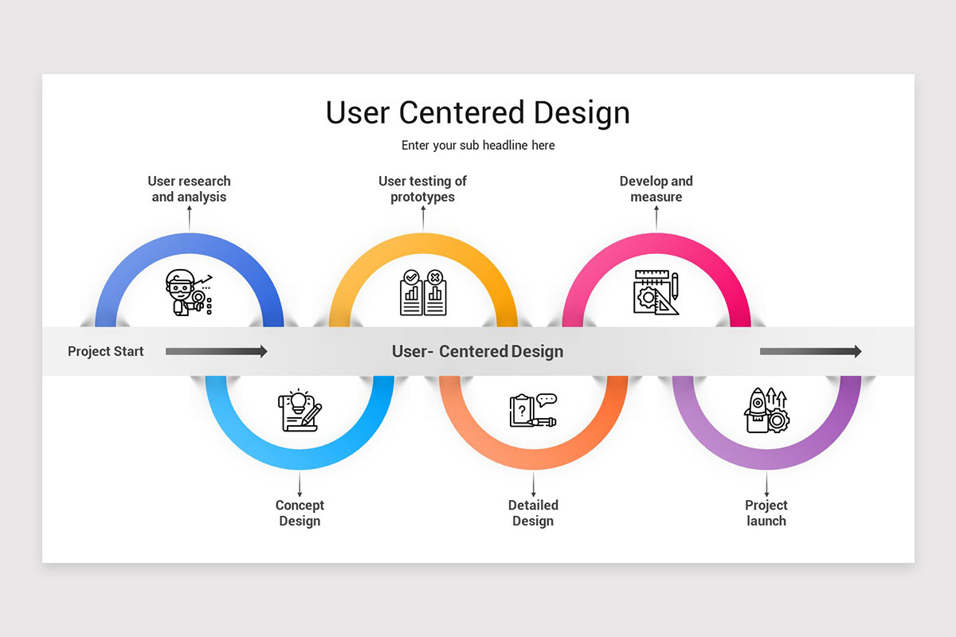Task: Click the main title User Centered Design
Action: pyautogui.click(x=478, y=112)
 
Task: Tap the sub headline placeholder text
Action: pyautogui.click(x=478, y=146)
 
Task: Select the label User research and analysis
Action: pyautogui.click(x=189, y=190)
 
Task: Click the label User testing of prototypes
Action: pyautogui.click(x=422, y=190)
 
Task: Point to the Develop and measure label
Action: pyautogui.click(x=656, y=190)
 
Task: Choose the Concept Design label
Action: pyautogui.click(x=300, y=513)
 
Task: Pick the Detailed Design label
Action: pyautogui.click(x=533, y=513)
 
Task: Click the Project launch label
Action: pyautogui.click(x=766, y=513)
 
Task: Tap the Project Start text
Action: pyautogui.click(x=106, y=351)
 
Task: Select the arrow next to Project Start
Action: pyautogui.click(x=216, y=351)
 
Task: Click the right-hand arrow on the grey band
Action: pyautogui.click(x=810, y=351)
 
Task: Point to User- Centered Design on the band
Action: pyautogui.click(x=477, y=351)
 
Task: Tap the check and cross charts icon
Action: pyautogui.click(x=422, y=292)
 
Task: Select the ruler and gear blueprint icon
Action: pyautogui.click(x=656, y=292)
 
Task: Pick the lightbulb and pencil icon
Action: pyautogui.click(x=300, y=411)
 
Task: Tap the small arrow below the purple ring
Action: pyautogui.click(x=766, y=484)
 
